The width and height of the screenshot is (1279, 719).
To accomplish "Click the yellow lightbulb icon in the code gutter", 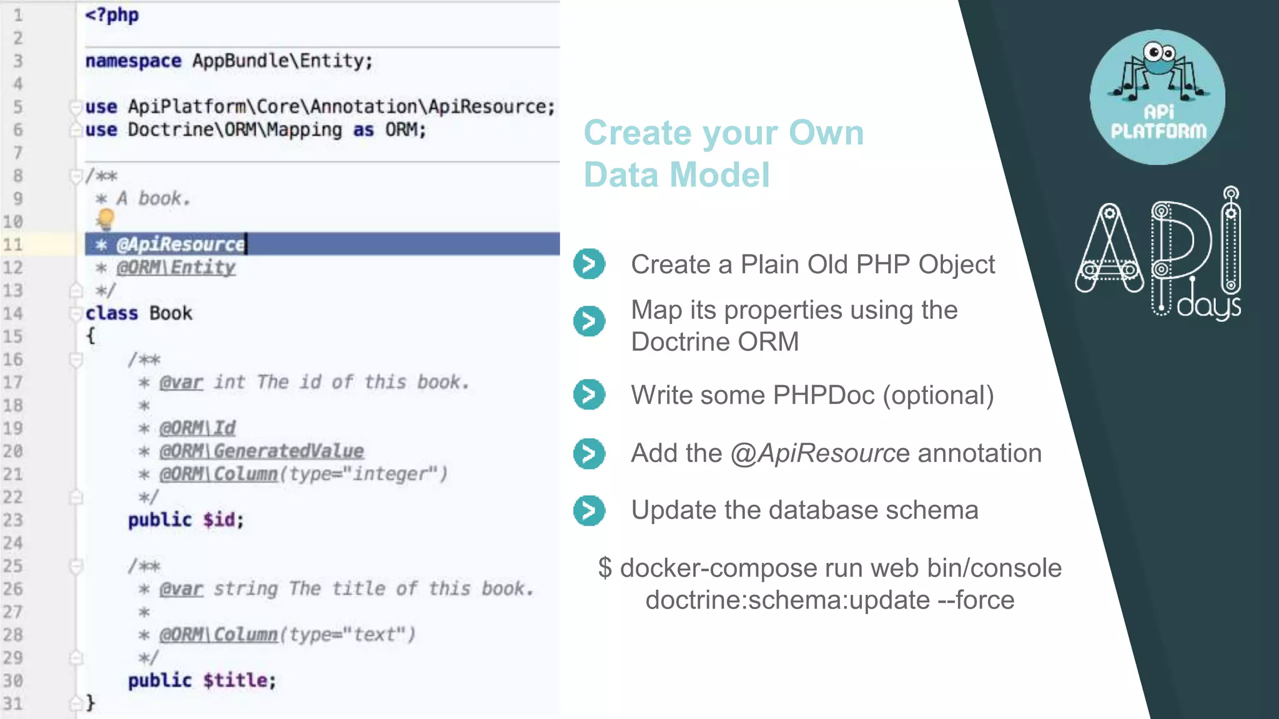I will click(x=106, y=218).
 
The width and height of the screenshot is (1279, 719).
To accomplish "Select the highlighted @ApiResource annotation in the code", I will click(x=180, y=244).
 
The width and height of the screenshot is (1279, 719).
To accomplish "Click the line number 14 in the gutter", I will click(x=13, y=313).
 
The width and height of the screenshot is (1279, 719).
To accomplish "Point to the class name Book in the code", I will click(x=170, y=313).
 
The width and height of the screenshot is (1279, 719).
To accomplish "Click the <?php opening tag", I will click(x=112, y=15).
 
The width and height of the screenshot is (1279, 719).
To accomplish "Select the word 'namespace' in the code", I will click(x=133, y=61).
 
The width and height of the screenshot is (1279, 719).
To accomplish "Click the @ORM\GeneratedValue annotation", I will click(x=261, y=451).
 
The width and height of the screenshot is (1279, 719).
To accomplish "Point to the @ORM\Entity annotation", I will click(x=176, y=268).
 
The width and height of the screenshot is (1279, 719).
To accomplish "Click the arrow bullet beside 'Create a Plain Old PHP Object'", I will click(x=589, y=264).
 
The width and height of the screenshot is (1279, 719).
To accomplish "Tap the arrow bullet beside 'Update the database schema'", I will click(x=589, y=511).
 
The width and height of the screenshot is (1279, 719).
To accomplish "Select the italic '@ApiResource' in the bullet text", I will click(x=819, y=454).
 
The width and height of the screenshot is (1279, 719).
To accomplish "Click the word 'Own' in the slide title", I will click(x=826, y=133).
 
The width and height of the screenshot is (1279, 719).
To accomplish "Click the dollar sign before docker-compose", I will click(x=605, y=569).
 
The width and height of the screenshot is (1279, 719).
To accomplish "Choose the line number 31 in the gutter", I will click(x=13, y=704).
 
